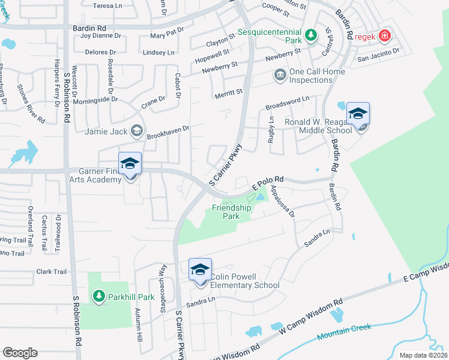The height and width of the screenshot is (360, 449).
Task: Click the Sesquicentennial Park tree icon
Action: click(x=311, y=34)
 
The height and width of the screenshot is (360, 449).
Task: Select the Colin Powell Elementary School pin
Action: click(x=200, y=270)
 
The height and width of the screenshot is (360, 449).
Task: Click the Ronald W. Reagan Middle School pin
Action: click(x=358, y=115)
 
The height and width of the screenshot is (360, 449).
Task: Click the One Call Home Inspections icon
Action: click(x=280, y=75)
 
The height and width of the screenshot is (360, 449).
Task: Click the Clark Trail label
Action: click(x=52, y=272)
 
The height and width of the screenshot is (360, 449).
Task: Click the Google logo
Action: click(x=20, y=353)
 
